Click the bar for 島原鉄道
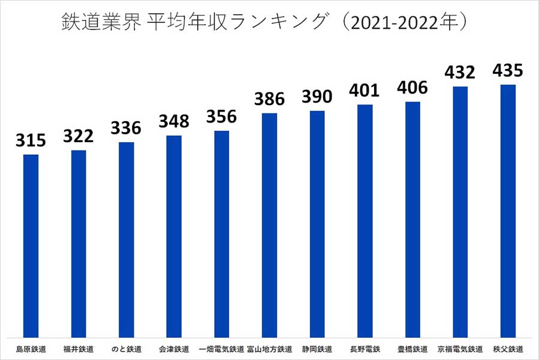pyautogui.click(x=31, y=246)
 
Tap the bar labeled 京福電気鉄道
pyautogui.click(x=460, y=212)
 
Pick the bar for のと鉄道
pyautogui.click(x=126, y=240)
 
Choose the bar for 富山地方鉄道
pyautogui.click(x=269, y=225)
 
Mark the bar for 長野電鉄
pyautogui.click(x=365, y=221)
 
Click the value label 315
pyautogui.click(x=31, y=141)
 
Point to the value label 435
pyautogui.click(x=508, y=71)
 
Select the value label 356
pyautogui.click(x=221, y=117)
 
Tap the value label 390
pyautogui.click(x=317, y=97)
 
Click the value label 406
pyautogui.click(x=412, y=88)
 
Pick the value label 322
pyautogui.click(x=78, y=137)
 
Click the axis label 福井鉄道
pyautogui.click(x=78, y=349)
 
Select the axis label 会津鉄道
pyautogui.click(x=174, y=349)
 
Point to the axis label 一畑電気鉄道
pyautogui.click(x=221, y=349)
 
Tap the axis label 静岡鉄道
pyautogui.click(x=317, y=349)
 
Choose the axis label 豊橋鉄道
pyautogui.click(x=412, y=349)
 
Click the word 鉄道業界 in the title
pyautogui.click(x=99, y=22)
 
